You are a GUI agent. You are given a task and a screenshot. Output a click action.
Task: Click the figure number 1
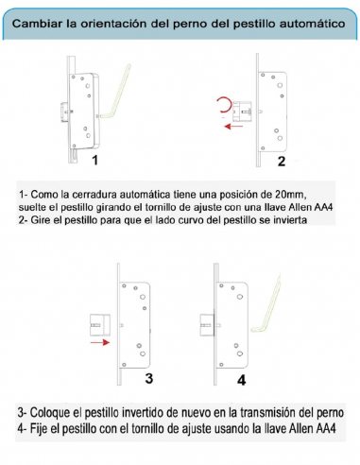[95, 162]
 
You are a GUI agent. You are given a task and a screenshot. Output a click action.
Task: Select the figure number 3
[150, 378]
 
